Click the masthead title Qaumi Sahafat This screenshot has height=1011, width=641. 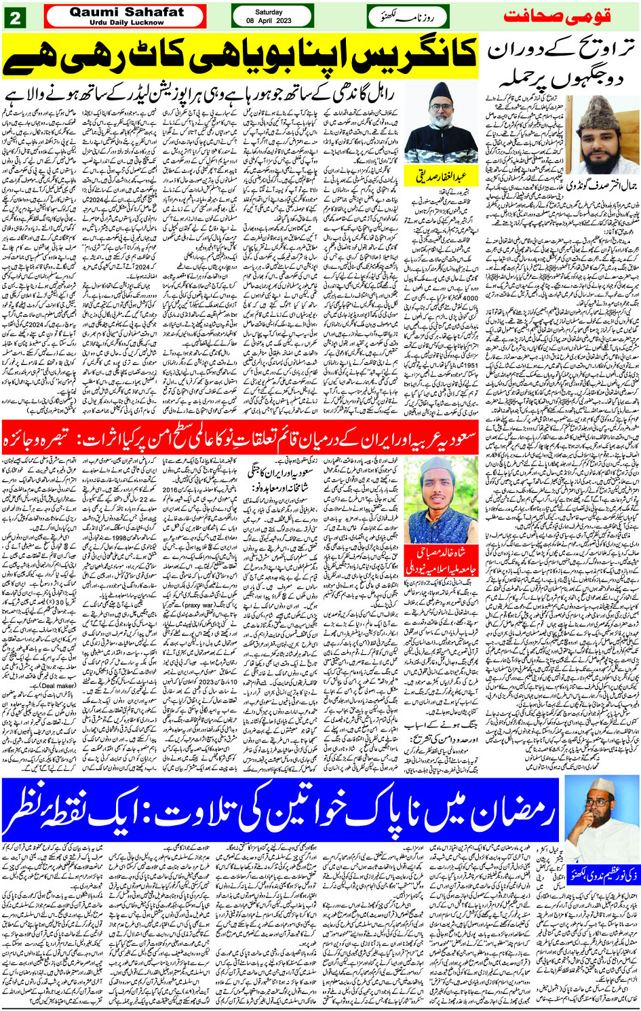(126, 12)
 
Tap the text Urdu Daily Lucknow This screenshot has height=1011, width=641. (126, 22)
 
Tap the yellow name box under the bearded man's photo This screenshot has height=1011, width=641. (442, 177)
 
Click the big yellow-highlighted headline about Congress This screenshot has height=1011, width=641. (241, 56)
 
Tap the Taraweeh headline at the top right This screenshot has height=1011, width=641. (561, 66)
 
